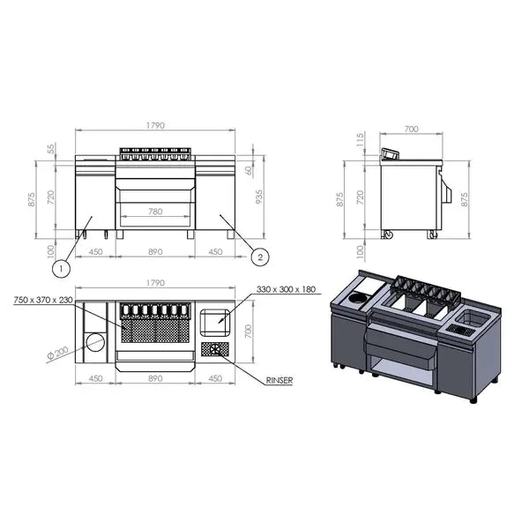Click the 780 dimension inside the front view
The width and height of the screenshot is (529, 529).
click(154, 212)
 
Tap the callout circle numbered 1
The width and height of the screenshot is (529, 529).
click(60, 264)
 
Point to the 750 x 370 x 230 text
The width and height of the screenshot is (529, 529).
click(44, 300)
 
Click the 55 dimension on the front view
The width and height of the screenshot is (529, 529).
click(52, 148)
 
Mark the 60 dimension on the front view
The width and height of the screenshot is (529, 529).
click(249, 169)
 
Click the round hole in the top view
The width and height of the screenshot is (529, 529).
click(95, 342)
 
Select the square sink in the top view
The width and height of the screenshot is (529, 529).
click(215, 323)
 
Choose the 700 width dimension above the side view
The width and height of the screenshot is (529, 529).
click(410, 130)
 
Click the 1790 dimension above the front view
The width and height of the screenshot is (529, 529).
click(155, 126)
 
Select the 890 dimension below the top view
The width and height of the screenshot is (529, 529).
click(155, 381)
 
